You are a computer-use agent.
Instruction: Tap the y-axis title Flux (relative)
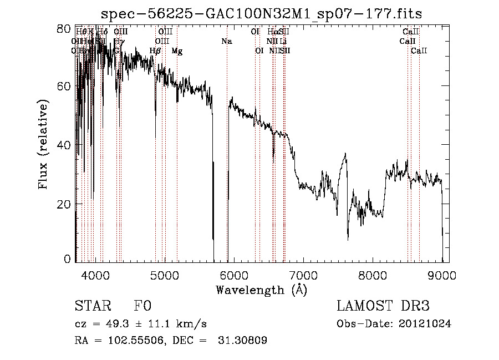(44, 145)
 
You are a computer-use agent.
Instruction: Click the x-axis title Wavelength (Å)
(261, 290)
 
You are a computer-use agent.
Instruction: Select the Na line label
(226, 42)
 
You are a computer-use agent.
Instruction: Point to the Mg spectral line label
(177, 51)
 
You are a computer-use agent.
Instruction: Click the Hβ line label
(155, 51)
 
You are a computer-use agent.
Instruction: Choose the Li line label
(283, 42)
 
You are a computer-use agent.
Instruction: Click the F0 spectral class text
(142, 307)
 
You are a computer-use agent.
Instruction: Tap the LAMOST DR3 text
(383, 307)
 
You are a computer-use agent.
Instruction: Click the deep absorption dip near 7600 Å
(348, 237)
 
